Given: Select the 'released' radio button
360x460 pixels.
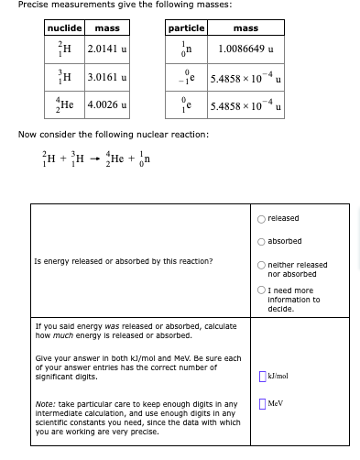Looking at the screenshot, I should pyautogui.click(x=263, y=218).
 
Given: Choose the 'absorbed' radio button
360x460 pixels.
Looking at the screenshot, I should pyautogui.click(x=263, y=242).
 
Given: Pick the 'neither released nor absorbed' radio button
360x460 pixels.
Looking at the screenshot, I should pyautogui.click(x=263, y=265).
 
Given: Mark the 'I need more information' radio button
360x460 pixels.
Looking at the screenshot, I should pyautogui.click(x=263, y=290).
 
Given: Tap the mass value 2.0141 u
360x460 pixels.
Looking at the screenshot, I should pyautogui.click(x=107, y=49).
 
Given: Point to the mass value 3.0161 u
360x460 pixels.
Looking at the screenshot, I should pyautogui.click(x=107, y=78).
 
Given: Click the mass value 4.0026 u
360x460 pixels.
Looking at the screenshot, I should pyautogui.click(x=107, y=105).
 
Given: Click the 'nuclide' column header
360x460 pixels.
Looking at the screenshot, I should pyautogui.click(x=65, y=28).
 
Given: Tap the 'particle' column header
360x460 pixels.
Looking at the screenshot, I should pyautogui.click(x=186, y=28).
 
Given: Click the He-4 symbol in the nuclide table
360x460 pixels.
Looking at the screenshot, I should pyautogui.click(x=65, y=105).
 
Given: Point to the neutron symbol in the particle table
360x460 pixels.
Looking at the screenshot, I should pyautogui.click(x=187, y=49).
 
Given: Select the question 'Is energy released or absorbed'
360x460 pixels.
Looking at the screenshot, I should pyautogui.click(x=123, y=261).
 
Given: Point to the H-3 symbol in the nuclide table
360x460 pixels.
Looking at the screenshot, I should pyautogui.click(x=65, y=78).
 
